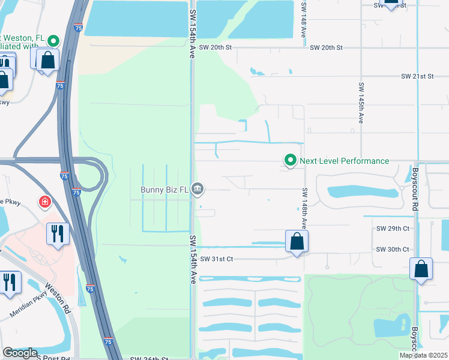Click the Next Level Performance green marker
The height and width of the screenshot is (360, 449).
[x=291, y=161]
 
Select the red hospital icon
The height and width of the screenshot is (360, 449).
[x=45, y=202]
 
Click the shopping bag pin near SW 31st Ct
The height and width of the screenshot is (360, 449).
[x=297, y=242]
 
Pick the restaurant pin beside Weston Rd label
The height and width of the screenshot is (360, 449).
[x=9, y=283]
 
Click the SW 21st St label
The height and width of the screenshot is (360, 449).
[x=417, y=77]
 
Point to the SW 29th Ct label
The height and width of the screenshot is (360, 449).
[x=393, y=229]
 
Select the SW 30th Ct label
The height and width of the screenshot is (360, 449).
[x=393, y=249]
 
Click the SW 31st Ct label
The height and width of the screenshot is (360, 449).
[x=217, y=259]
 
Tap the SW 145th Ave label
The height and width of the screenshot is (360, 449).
[x=361, y=103]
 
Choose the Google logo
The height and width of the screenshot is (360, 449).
[x=20, y=352]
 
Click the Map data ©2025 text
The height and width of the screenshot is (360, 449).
[x=423, y=355]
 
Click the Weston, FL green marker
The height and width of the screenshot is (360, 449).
[x=53, y=41]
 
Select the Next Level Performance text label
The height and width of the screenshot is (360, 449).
[x=344, y=161]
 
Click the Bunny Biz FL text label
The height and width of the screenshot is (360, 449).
[x=164, y=190]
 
